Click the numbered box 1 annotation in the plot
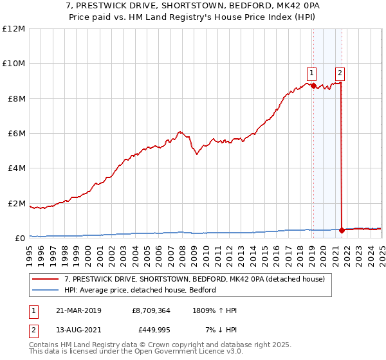pyautogui.click(x=312, y=73)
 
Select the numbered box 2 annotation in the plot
pyautogui.click(x=340, y=73)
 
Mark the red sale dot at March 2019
pyautogui.click(x=313, y=85)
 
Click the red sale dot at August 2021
pyautogui.click(x=342, y=230)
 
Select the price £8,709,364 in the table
pyautogui.click(x=151, y=310)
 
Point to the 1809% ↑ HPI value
pyautogui.click(x=214, y=310)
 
